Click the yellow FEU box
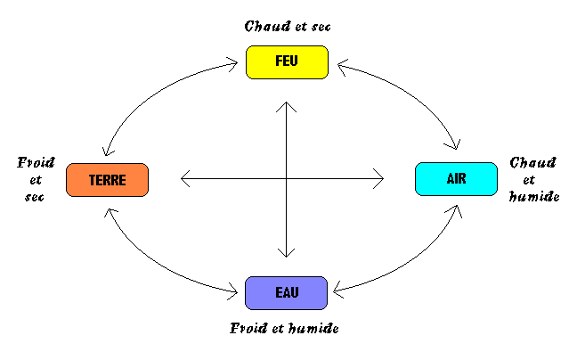(x=287, y=61)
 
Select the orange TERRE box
(x=107, y=180)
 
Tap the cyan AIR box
(x=455, y=179)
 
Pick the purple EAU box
(x=286, y=292)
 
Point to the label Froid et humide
(x=284, y=328)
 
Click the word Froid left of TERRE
(x=36, y=163)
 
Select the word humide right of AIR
(x=533, y=196)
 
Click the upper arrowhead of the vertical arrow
(x=286, y=107)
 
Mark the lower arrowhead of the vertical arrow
(x=286, y=254)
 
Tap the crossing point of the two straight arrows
(x=286, y=179)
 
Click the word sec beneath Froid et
(x=35, y=196)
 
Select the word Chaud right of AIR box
(x=533, y=163)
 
